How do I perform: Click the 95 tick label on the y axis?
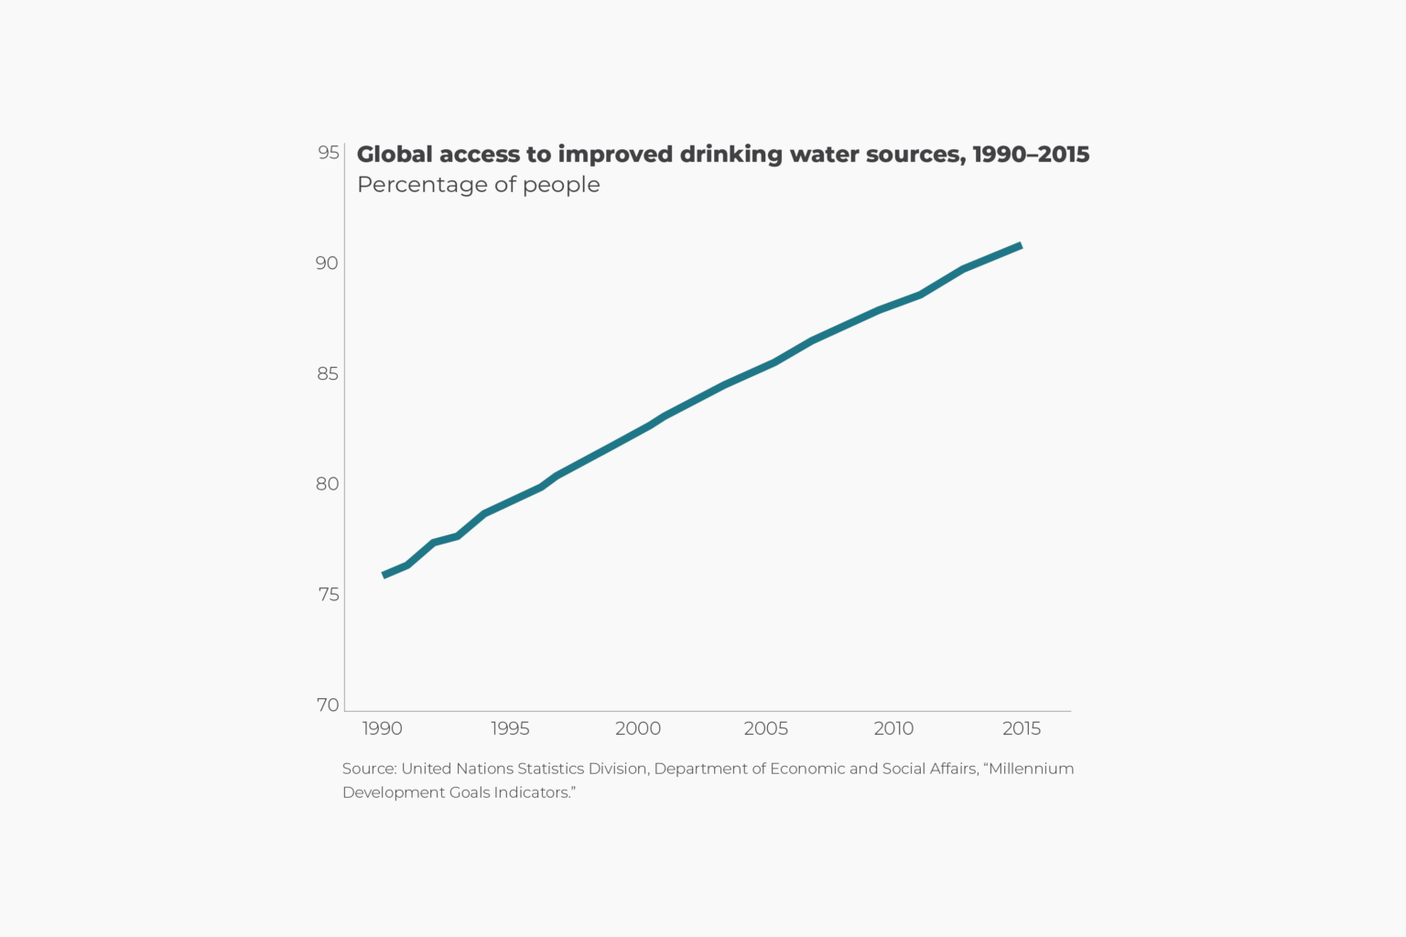329,153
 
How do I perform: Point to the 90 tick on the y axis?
327,264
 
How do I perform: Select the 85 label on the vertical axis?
328,374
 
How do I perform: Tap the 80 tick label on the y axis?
328,484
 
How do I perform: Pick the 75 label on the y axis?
329,595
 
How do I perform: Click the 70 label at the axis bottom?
328,705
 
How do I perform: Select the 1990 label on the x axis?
383,728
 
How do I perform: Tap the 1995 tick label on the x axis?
510,728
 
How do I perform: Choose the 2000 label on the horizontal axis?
638,728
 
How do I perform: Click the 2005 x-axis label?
766,728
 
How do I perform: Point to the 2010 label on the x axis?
893,728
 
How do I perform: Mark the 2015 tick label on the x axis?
1022,728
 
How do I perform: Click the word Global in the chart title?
395,154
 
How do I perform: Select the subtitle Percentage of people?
479,185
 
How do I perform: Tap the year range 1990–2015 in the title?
1031,154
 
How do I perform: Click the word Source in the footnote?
369,769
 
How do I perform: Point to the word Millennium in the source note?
1031,769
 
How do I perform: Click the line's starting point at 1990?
384,575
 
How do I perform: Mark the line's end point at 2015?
1021,246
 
